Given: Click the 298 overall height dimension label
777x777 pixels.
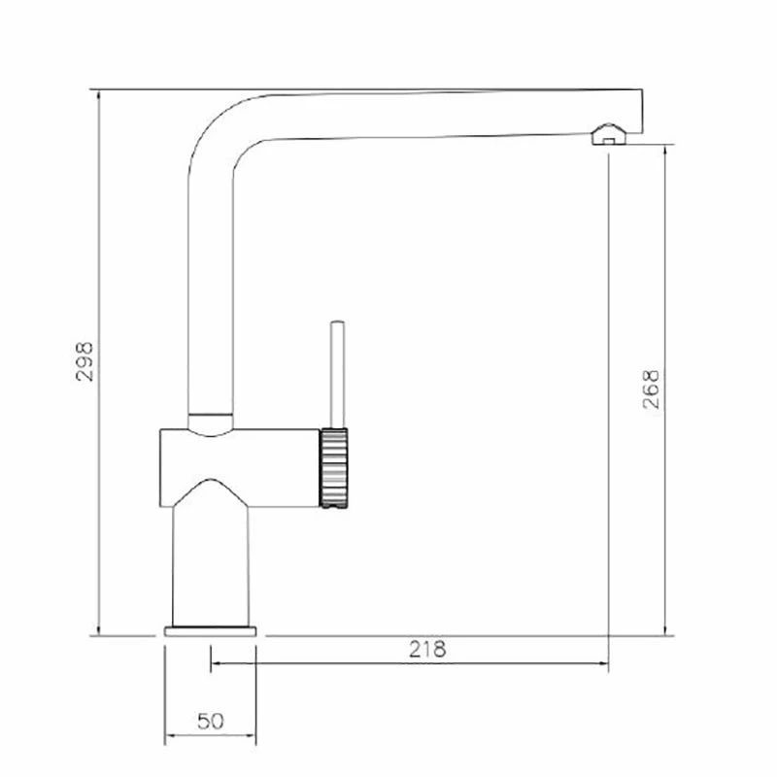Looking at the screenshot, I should click(85, 361).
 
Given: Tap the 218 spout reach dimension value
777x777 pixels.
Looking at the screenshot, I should click(427, 649).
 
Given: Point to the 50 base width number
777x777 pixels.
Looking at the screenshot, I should click(211, 721).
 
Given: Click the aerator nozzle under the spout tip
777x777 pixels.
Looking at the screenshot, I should click(609, 135).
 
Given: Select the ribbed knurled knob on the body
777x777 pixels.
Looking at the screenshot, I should click(333, 467).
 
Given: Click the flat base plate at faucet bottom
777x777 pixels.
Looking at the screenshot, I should click(211, 631).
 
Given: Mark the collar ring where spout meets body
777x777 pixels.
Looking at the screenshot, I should click(210, 421).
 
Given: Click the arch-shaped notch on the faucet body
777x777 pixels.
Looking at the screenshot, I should click(211, 490).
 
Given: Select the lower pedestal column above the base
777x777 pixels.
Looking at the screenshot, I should click(211, 563).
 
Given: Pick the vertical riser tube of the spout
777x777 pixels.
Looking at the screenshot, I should click(210, 291).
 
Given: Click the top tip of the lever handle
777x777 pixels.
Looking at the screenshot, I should click(336, 321).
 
